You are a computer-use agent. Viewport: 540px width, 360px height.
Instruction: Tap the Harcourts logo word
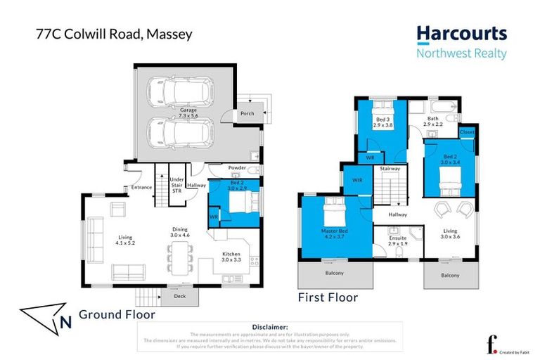tap(461, 33)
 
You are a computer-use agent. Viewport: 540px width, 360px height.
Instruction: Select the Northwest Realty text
tap(461, 53)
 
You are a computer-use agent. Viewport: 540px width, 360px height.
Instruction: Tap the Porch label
tap(247, 113)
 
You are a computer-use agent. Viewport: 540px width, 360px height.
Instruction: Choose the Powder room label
tap(236, 168)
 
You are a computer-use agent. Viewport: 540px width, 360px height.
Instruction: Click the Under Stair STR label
tap(176, 185)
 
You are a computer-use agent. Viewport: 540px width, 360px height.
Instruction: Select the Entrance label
tap(141, 187)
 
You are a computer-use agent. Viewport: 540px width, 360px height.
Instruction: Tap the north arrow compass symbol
tap(46, 316)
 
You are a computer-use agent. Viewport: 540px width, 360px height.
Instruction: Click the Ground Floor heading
tap(116, 315)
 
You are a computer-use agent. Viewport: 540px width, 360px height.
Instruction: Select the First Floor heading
tap(328, 297)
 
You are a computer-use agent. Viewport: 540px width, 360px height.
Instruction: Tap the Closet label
tap(466, 131)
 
